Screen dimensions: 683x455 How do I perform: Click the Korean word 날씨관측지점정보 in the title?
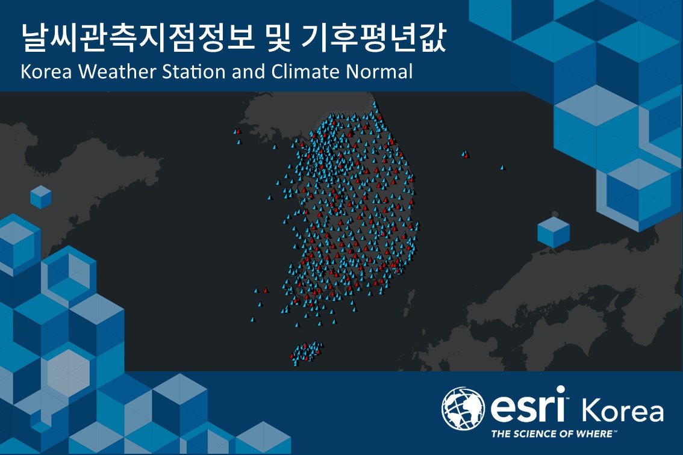137,38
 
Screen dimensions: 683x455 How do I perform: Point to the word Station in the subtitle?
195,72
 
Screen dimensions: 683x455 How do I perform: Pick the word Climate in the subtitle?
306,72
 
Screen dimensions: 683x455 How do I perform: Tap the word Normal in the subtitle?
379,72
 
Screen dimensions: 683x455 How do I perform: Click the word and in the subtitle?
249,72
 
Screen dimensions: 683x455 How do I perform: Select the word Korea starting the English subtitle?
46,72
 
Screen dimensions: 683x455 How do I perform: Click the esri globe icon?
463,409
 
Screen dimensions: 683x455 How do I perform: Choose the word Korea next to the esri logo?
623,410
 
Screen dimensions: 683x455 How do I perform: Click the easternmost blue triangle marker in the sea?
502,167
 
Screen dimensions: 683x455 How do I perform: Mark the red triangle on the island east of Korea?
467,154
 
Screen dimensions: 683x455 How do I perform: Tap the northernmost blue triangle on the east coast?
374,104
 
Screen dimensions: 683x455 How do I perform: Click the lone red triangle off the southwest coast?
266,290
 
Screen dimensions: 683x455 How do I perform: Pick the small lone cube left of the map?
41,197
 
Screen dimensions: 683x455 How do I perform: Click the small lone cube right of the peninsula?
554,232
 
